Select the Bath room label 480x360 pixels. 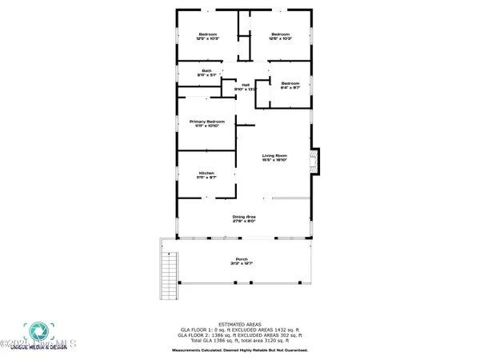pos(206,71)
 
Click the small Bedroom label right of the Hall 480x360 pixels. pos(290,83)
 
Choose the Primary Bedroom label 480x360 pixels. pos(206,122)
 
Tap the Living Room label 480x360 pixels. pos(274,155)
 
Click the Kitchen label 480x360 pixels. pos(206,173)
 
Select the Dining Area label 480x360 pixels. pos(243,217)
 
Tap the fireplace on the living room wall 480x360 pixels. pos(315,160)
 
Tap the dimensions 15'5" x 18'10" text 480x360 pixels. pos(274,160)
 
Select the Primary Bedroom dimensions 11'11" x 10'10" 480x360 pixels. pos(206,126)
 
